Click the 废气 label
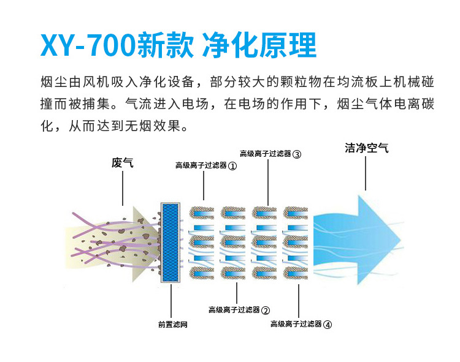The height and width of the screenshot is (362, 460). coord(122,163)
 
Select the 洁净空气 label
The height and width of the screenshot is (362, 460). coord(366,149)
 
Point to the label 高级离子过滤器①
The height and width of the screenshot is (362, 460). coord(205,166)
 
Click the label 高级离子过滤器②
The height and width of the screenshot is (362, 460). coord(239,310)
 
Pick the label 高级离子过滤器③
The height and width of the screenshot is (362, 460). coord(270,154)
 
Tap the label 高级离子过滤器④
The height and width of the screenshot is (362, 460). coord(301,325)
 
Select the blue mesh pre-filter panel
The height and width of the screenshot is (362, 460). coord(170,242)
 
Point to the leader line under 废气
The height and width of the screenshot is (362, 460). coord(122,187)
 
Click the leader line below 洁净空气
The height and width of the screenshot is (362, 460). coord(366,174)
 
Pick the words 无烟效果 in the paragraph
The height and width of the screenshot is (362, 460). coord(160,127)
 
